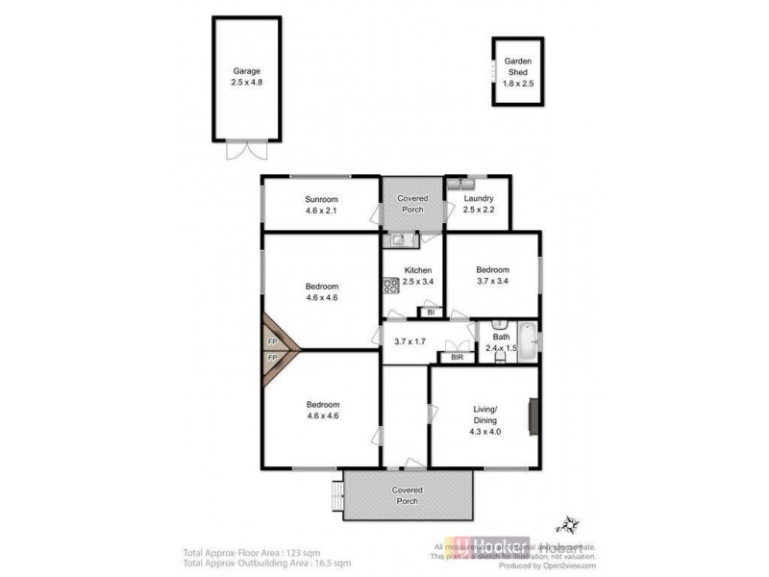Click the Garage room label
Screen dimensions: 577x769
(246, 71)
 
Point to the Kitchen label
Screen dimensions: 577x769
(417, 270)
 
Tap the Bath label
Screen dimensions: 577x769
(502, 337)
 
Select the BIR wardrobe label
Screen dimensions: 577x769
(457, 358)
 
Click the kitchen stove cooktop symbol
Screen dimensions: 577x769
(391, 285)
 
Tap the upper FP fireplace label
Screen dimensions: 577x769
(272, 340)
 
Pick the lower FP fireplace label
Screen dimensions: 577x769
(272, 358)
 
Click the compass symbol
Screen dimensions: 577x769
(566, 525)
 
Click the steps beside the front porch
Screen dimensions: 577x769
(335, 494)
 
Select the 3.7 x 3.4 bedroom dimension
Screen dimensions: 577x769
(492, 282)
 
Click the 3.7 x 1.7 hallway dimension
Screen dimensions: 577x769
(410, 340)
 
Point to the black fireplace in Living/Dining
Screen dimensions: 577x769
(530, 416)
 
